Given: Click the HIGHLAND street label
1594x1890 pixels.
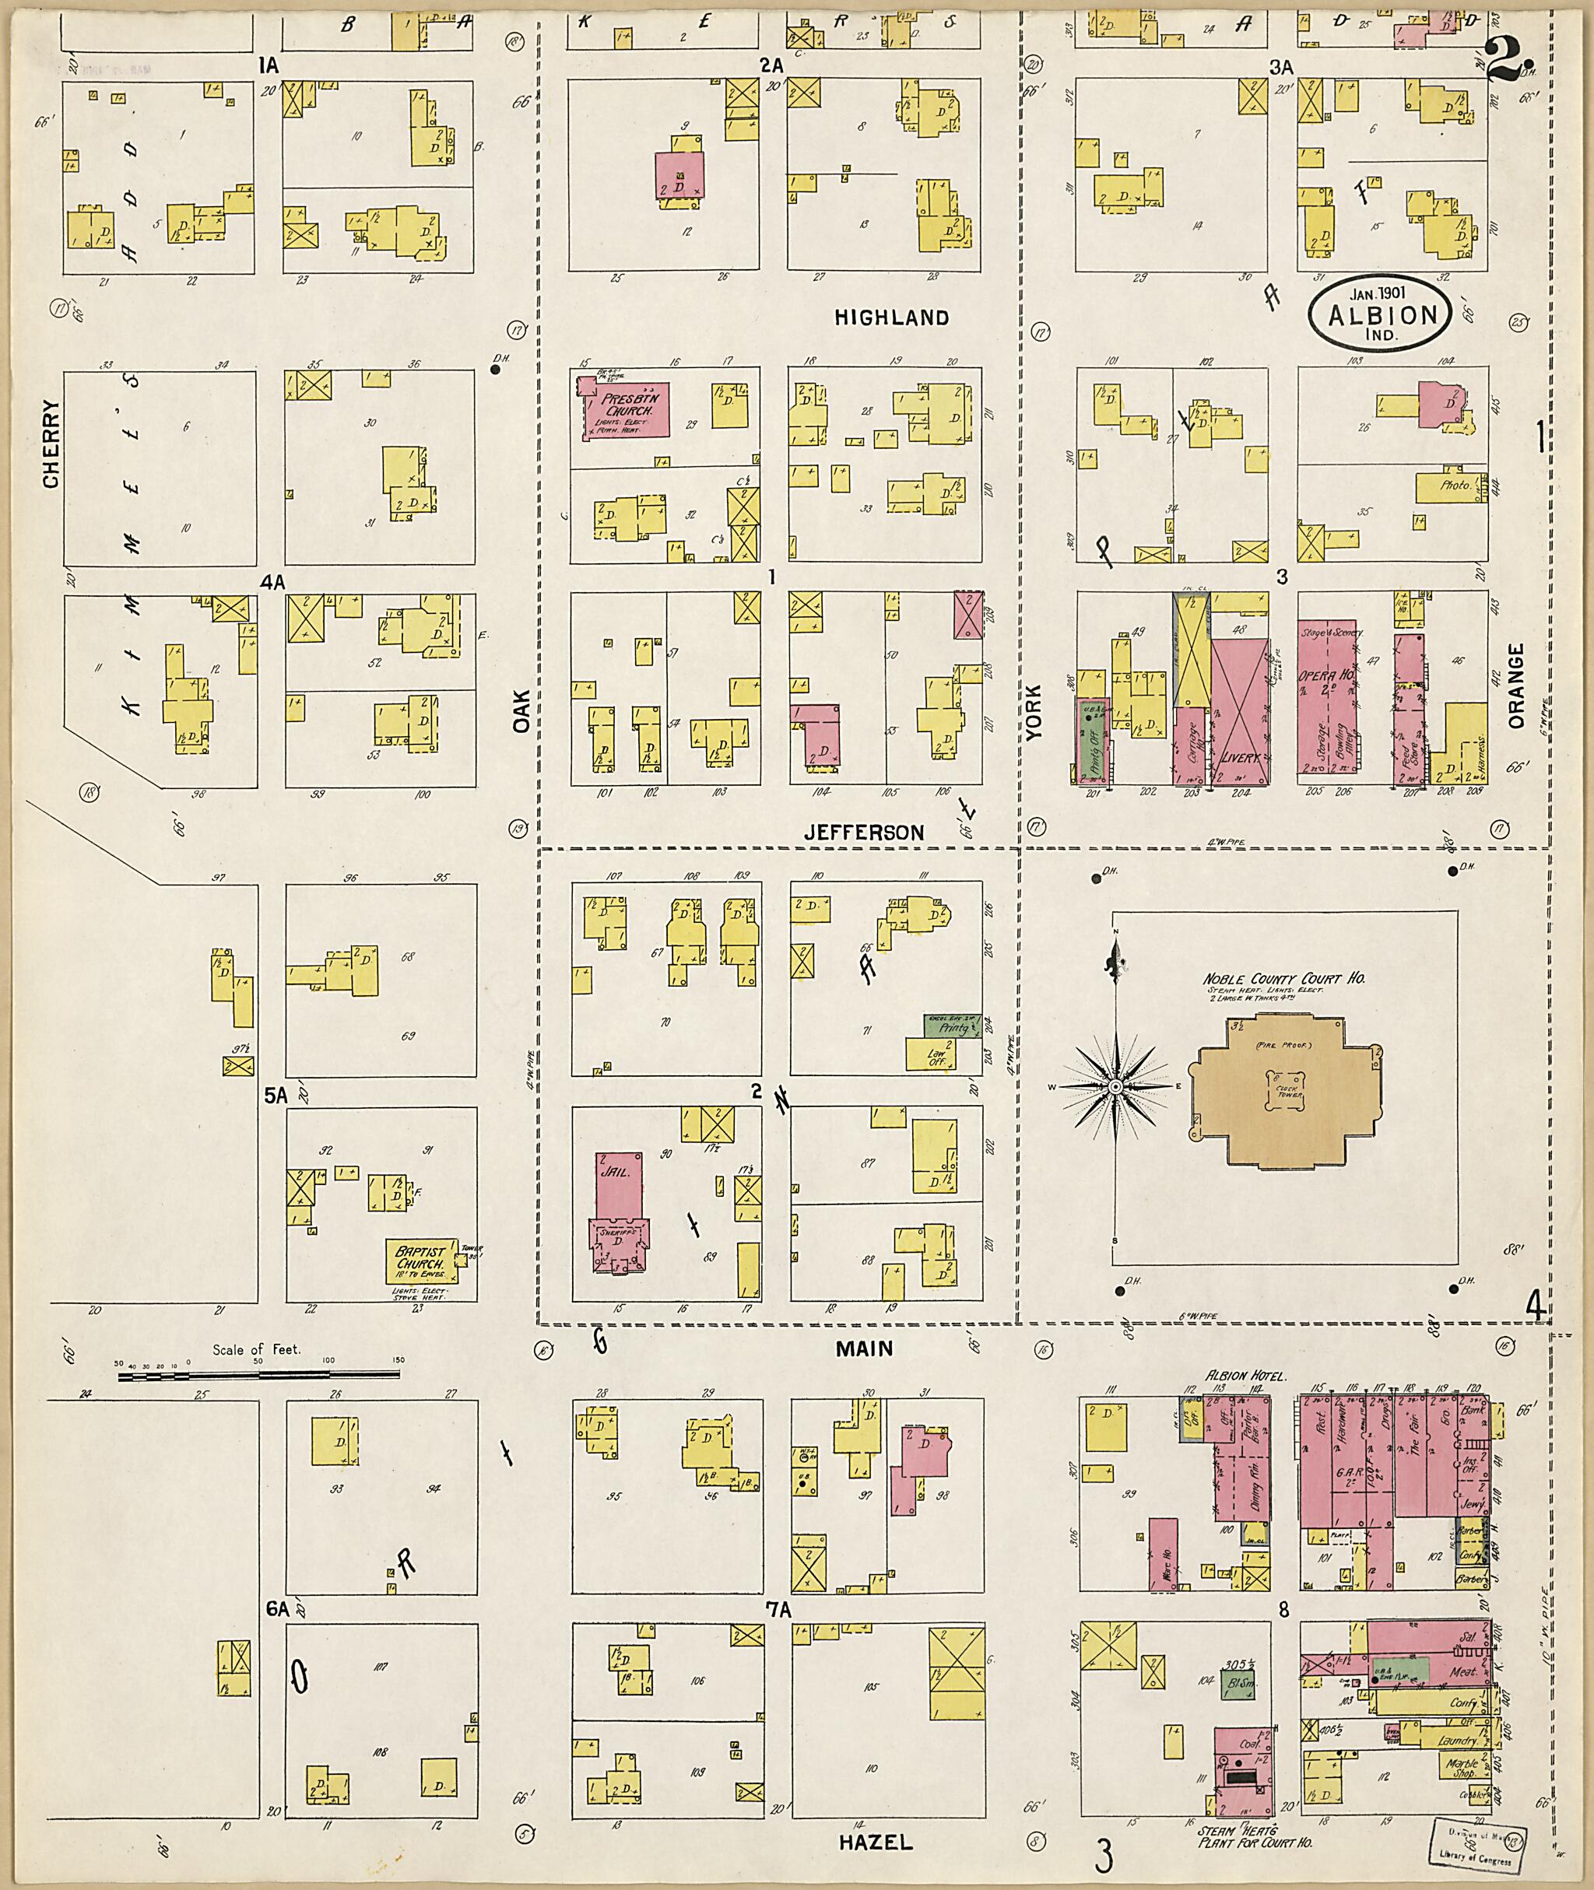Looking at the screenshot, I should click(891, 317).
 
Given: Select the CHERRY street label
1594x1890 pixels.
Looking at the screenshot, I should click(50, 444).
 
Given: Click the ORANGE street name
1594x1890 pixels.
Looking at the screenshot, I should click(1515, 685).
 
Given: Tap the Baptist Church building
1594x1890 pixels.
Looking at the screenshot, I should click(420, 1258).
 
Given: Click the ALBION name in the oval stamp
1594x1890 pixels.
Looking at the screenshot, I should click(1382, 315).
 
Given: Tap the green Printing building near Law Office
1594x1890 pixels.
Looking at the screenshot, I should click(952, 1026).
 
